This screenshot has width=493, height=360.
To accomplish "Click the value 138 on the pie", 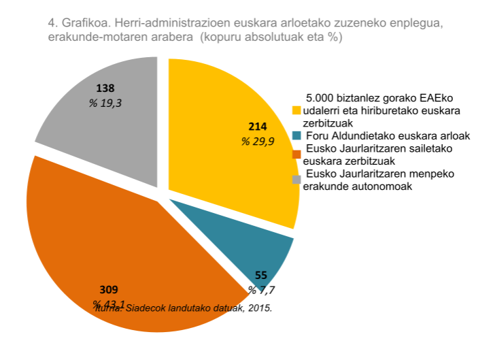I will coord(105,88).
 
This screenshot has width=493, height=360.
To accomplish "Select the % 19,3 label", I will coord(105,103).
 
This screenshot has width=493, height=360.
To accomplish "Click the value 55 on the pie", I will coord(261,276).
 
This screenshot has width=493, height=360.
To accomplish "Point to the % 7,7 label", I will coord(261,291).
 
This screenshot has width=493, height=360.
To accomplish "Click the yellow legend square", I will coord(296,110).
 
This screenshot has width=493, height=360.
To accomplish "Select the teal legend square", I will coord(296,135).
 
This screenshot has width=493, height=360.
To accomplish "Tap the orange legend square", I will coord(296,148).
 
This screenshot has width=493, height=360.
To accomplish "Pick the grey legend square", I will coord(296,179).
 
